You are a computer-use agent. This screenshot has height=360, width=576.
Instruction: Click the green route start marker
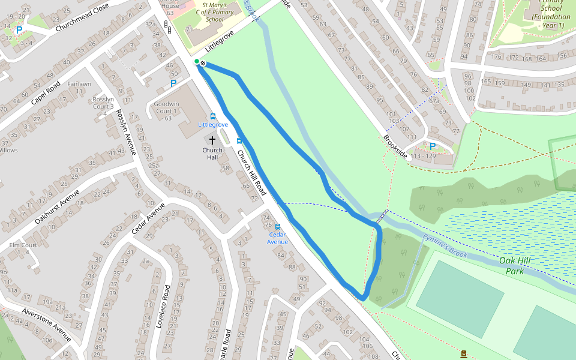[x=196, y=61]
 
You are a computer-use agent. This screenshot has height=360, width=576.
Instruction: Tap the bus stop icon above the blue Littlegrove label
[x=213, y=116]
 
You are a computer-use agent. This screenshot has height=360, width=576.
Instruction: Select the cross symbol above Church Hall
[x=212, y=140]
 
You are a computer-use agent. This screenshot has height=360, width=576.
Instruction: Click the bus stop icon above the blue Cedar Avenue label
[x=277, y=227]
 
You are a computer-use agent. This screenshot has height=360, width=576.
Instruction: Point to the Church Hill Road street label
[x=251, y=172]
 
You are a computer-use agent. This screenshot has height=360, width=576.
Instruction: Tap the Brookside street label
[x=395, y=146]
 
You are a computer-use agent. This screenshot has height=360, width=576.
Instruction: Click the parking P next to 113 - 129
[x=432, y=146]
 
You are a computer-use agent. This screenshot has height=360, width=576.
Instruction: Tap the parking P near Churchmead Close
[x=19, y=30]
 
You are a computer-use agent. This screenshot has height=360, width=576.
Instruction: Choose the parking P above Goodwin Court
[x=173, y=83]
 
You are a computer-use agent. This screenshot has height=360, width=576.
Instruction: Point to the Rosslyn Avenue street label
[x=127, y=132]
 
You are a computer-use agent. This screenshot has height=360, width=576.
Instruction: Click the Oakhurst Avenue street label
[x=57, y=207]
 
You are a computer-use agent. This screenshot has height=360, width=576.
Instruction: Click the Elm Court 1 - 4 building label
[x=23, y=248]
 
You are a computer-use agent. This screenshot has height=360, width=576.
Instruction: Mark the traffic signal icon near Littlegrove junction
[x=166, y=25]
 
